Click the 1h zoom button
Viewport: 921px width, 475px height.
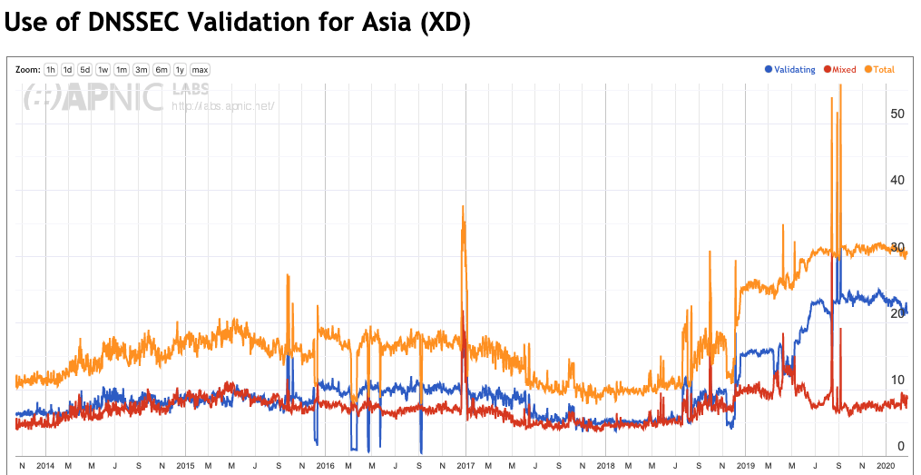[51, 70]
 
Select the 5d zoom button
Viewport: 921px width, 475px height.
[84, 70]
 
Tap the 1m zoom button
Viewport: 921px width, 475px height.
[121, 70]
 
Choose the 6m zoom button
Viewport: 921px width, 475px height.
[161, 70]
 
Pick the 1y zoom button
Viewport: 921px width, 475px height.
[180, 70]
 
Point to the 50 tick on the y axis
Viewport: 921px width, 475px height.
[897, 114]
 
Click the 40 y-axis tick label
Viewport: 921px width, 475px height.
[897, 181]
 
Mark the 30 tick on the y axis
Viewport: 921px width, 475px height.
[897, 248]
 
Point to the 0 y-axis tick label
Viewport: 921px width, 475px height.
[900, 446]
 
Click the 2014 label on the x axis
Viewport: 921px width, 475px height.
[45, 465]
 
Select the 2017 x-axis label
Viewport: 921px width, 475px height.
[465, 465]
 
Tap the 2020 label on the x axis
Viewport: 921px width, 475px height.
[886, 465]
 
